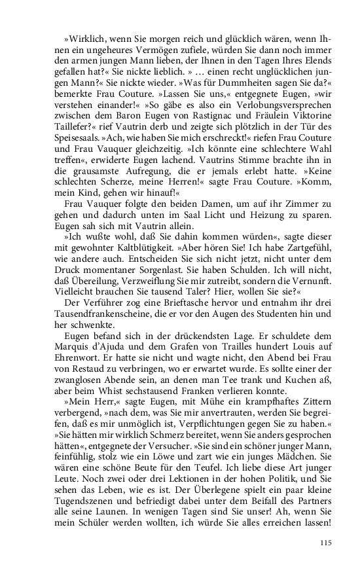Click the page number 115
(325, 543)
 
